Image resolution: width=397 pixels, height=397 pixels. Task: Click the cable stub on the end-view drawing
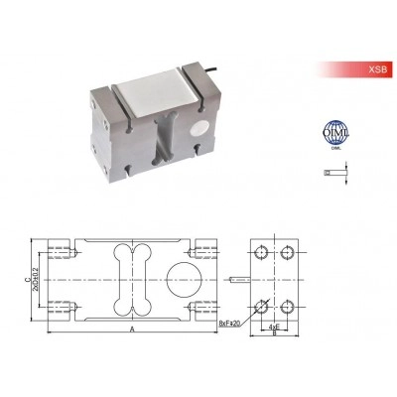point(237,277)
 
